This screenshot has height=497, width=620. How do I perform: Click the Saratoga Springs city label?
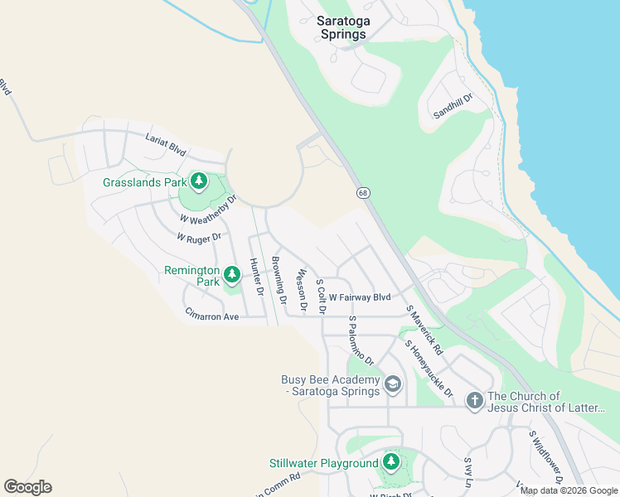tap(342, 27)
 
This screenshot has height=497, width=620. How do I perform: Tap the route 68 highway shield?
tap(364, 192)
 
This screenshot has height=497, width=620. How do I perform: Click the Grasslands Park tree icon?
tap(198, 181)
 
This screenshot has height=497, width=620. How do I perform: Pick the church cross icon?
tap(474, 401)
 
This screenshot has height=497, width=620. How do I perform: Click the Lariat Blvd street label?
tap(166, 146)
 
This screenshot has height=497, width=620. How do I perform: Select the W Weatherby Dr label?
tap(209, 210)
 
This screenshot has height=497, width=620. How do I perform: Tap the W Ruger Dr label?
tap(199, 237)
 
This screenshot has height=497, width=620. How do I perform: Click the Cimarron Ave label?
tap(211, 316)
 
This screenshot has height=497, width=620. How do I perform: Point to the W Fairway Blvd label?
tap(359, 297)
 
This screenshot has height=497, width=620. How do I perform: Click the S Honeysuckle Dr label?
tap(429, 368)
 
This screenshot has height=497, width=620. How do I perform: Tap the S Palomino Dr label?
tap(361, 340)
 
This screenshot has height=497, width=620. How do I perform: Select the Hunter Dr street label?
tap(255, 277)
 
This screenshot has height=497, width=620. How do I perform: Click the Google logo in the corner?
tap(27, 487)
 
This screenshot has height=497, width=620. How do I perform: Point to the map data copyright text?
tap(569, 490)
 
